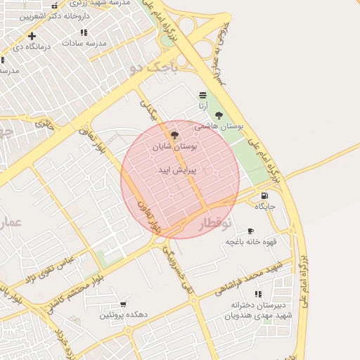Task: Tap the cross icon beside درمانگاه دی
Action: point(32,35)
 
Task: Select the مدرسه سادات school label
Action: point(84,43)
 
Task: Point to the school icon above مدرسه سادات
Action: point(84,32)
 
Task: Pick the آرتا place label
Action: point(202,106)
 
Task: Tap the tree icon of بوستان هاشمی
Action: point(219,115)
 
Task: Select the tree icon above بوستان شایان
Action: point(174,134)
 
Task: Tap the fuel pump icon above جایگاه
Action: point(264,195)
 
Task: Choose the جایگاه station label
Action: point(264,207)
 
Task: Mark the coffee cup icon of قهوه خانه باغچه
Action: point(250,231)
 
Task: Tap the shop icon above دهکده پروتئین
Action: point(123,304)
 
